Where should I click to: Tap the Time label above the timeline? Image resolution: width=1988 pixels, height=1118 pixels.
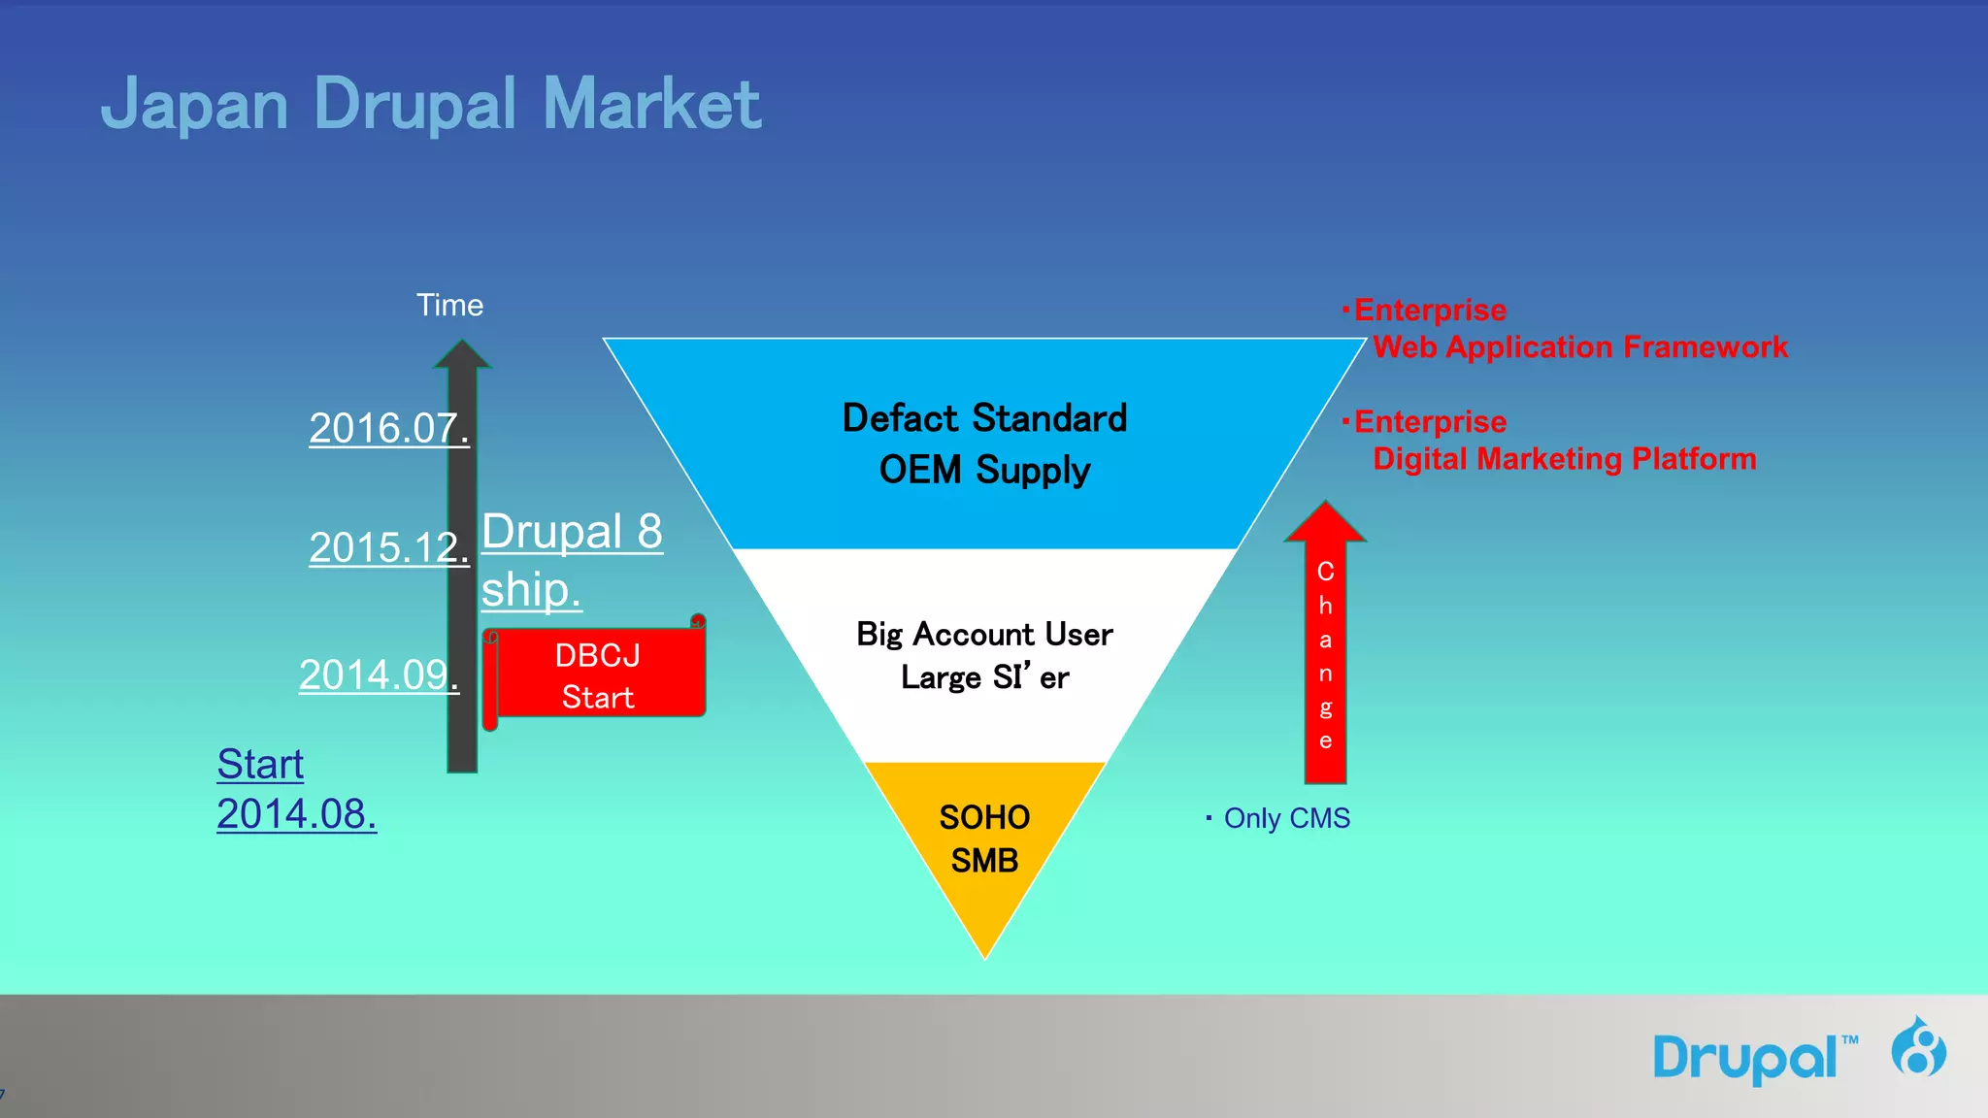coord(449,306)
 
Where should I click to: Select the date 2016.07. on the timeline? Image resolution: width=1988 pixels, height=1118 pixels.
coord(388,428)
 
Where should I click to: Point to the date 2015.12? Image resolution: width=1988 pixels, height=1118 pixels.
coord(388,547)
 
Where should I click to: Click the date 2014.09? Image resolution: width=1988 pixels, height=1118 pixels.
coord(379,674)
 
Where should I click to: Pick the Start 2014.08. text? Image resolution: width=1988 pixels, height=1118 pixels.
coord(296,789)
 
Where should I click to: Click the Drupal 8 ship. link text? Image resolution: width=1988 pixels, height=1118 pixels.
coord(572,560)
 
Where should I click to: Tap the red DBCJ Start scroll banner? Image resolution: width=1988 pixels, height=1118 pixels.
coord(598,675)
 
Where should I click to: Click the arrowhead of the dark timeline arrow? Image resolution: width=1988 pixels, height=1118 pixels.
coord(462,354)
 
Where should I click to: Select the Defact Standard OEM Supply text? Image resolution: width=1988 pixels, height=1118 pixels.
coord(984,444)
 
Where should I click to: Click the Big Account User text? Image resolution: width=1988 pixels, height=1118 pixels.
coord(984,634)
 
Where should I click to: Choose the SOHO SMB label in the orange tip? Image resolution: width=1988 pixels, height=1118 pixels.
coord(984,838)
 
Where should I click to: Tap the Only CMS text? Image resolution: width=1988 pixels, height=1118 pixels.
coord(1286,818)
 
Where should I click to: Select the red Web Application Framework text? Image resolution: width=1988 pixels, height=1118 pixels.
coord(1579,346)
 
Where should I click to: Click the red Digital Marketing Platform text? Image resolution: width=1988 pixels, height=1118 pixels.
coord(1564,458)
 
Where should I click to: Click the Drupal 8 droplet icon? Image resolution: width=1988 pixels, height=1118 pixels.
coord(1918,1047)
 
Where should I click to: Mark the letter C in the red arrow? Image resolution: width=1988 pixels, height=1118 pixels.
coord(1325,572)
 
